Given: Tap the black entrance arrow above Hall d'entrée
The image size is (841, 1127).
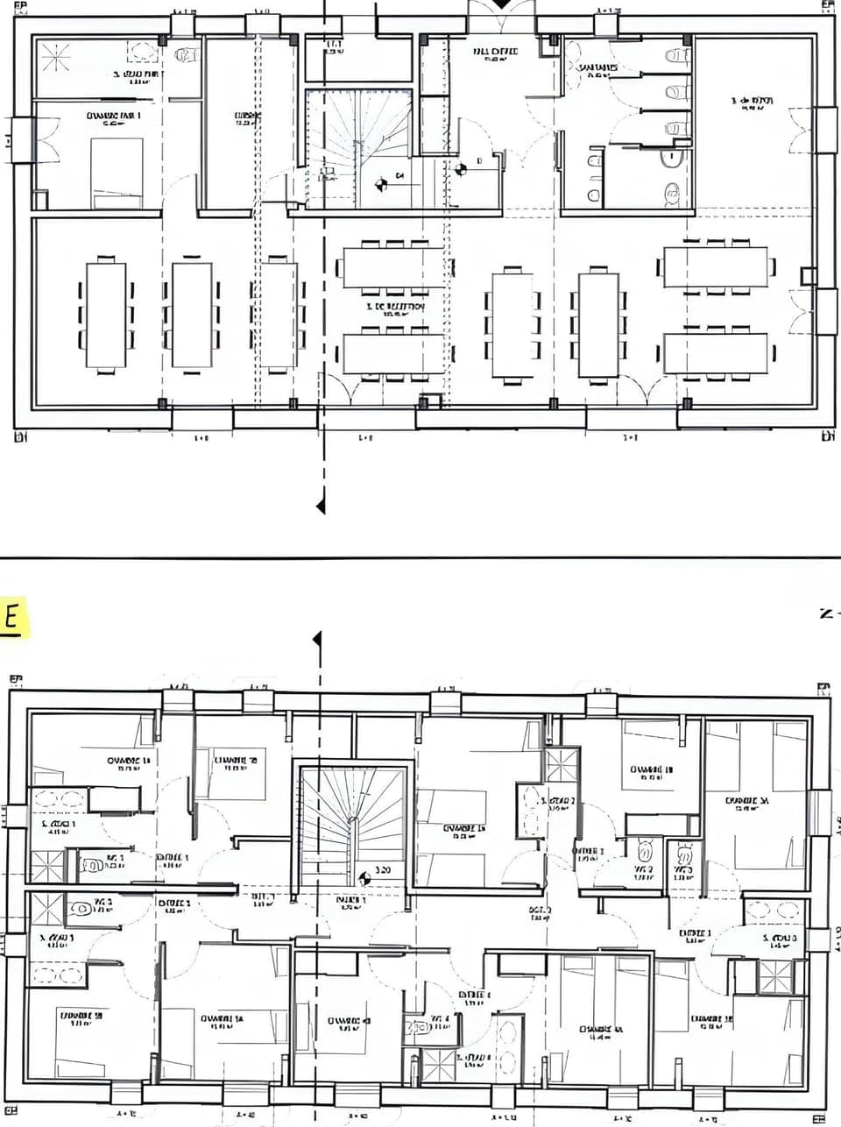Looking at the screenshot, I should tap(499, 4).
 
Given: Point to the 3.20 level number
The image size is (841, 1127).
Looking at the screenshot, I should tap(383, 871).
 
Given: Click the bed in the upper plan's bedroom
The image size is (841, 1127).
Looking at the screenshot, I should tap(117, 174).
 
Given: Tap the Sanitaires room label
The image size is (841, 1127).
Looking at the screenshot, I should tap(597, 68).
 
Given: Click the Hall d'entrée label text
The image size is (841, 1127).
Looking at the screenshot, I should tap(495, 53).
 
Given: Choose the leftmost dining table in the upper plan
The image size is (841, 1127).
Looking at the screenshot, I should tap(106, 314).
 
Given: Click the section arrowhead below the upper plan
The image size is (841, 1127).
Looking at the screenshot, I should tap(322, 506).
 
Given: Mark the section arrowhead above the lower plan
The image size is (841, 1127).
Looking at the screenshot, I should tap(317, 641).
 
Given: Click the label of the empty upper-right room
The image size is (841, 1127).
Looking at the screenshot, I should tap(753, 103).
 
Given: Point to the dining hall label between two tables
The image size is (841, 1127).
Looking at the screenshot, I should tap(395, 308).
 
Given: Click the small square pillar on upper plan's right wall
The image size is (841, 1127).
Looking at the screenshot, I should tap(808, 276).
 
